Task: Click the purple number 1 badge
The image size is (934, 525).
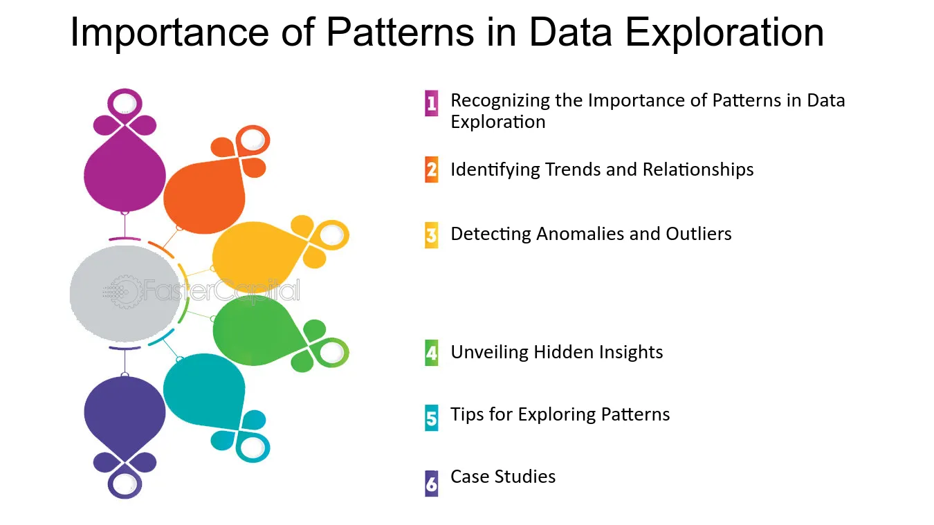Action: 432,103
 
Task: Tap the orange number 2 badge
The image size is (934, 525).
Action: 432,169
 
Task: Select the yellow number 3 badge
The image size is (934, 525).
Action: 432,235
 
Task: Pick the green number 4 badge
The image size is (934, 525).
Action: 432,353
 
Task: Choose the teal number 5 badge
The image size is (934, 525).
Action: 432,418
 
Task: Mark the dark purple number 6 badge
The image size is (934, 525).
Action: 432,483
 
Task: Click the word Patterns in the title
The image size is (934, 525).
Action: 400,32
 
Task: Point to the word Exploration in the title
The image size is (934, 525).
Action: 724,32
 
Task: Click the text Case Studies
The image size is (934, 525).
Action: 503,476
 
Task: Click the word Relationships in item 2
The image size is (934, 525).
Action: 698,170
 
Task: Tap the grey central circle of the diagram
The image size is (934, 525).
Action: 125,293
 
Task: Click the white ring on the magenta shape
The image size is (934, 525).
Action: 125,103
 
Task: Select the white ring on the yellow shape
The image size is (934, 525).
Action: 332,234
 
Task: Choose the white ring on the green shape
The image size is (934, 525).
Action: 332,353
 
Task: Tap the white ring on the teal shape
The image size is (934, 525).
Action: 253,448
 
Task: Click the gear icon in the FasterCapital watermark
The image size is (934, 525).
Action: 125,292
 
